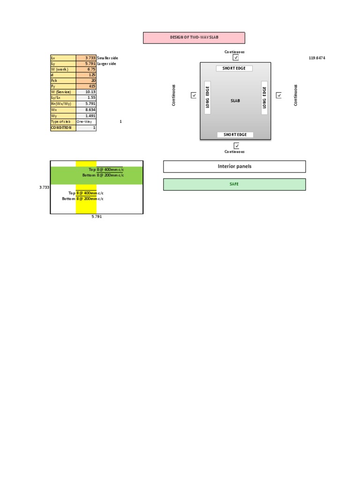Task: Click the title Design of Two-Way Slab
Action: [194, 37]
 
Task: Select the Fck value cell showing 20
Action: [86, 80]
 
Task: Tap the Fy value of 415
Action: [86, 86]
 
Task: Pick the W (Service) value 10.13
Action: [86, 92]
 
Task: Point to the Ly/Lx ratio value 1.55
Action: [86, 97]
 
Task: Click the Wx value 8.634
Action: [86, 109]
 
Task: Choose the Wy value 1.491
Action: [86, 115]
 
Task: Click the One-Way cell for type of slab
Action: [86, 121]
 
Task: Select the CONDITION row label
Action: [63, 127]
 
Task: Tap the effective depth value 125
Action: [86, 75]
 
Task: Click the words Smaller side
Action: [107, 58]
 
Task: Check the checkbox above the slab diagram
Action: [236, 58]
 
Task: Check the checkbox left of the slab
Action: [194, 95]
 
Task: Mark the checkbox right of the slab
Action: [279, 95]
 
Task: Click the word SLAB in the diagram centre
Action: [235, 101]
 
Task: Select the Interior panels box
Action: [234, 166]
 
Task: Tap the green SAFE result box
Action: [234, 184]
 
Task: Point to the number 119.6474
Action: [317, 58]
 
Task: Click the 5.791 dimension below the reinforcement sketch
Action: [97, 217]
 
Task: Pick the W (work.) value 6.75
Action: [86, 69]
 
